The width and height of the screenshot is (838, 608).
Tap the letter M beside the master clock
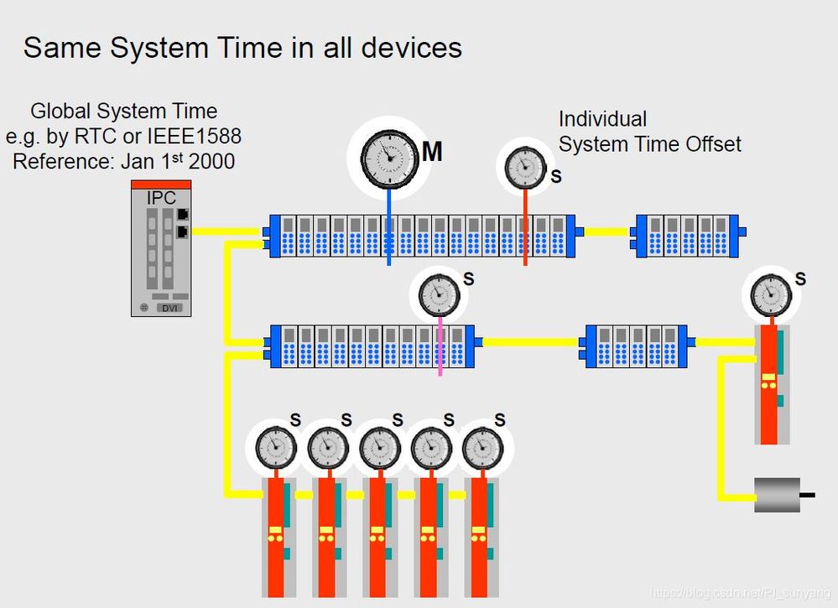432,152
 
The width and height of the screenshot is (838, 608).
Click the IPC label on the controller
160,199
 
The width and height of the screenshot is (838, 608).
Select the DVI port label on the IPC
171,307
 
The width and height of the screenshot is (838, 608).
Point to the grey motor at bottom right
778,495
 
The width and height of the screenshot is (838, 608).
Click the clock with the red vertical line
525,167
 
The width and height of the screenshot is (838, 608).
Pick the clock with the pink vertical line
440,291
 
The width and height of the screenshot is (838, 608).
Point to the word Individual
602,119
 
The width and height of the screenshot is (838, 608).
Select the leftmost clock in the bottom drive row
273,447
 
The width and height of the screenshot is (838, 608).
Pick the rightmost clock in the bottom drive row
481,447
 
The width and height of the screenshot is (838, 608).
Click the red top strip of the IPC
161,184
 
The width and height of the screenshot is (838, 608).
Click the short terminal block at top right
687,235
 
